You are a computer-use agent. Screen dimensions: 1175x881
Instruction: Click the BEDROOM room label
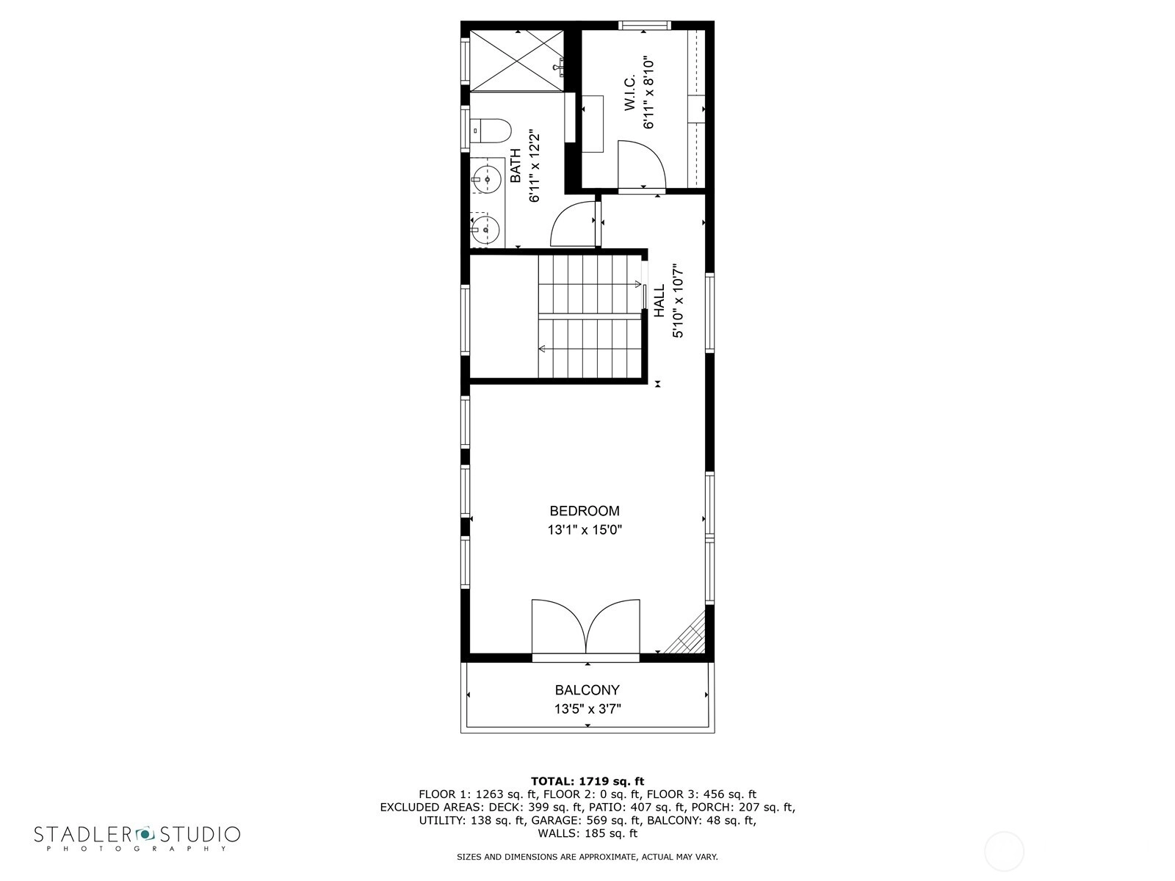pos(584,511)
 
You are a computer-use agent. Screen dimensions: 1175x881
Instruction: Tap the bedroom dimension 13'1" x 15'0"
pos(584,529)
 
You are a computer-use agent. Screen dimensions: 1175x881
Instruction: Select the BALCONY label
pos(587,690)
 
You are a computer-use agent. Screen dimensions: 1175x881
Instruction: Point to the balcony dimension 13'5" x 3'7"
pos(587,708)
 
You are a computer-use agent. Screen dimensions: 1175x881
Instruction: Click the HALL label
pos(659,300)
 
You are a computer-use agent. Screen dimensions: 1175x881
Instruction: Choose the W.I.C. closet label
pos(629,93)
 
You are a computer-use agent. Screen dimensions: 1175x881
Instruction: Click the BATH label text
pos(515,165)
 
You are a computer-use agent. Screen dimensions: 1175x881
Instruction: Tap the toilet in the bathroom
pos(491,131)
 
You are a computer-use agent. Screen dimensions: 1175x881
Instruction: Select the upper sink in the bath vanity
pos(487,178)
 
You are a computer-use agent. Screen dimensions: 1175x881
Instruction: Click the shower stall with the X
pos(516,60)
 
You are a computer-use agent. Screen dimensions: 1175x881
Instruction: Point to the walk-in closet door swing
pos(641,164)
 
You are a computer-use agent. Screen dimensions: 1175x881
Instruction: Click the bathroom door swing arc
pos(574,224)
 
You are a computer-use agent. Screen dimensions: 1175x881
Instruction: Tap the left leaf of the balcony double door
pos(559,626)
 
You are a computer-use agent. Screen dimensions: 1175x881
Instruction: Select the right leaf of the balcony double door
pos(613,626)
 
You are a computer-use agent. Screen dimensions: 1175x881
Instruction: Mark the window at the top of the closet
pos(645,25)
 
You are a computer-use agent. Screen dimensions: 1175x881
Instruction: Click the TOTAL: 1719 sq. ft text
pos(587,781)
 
